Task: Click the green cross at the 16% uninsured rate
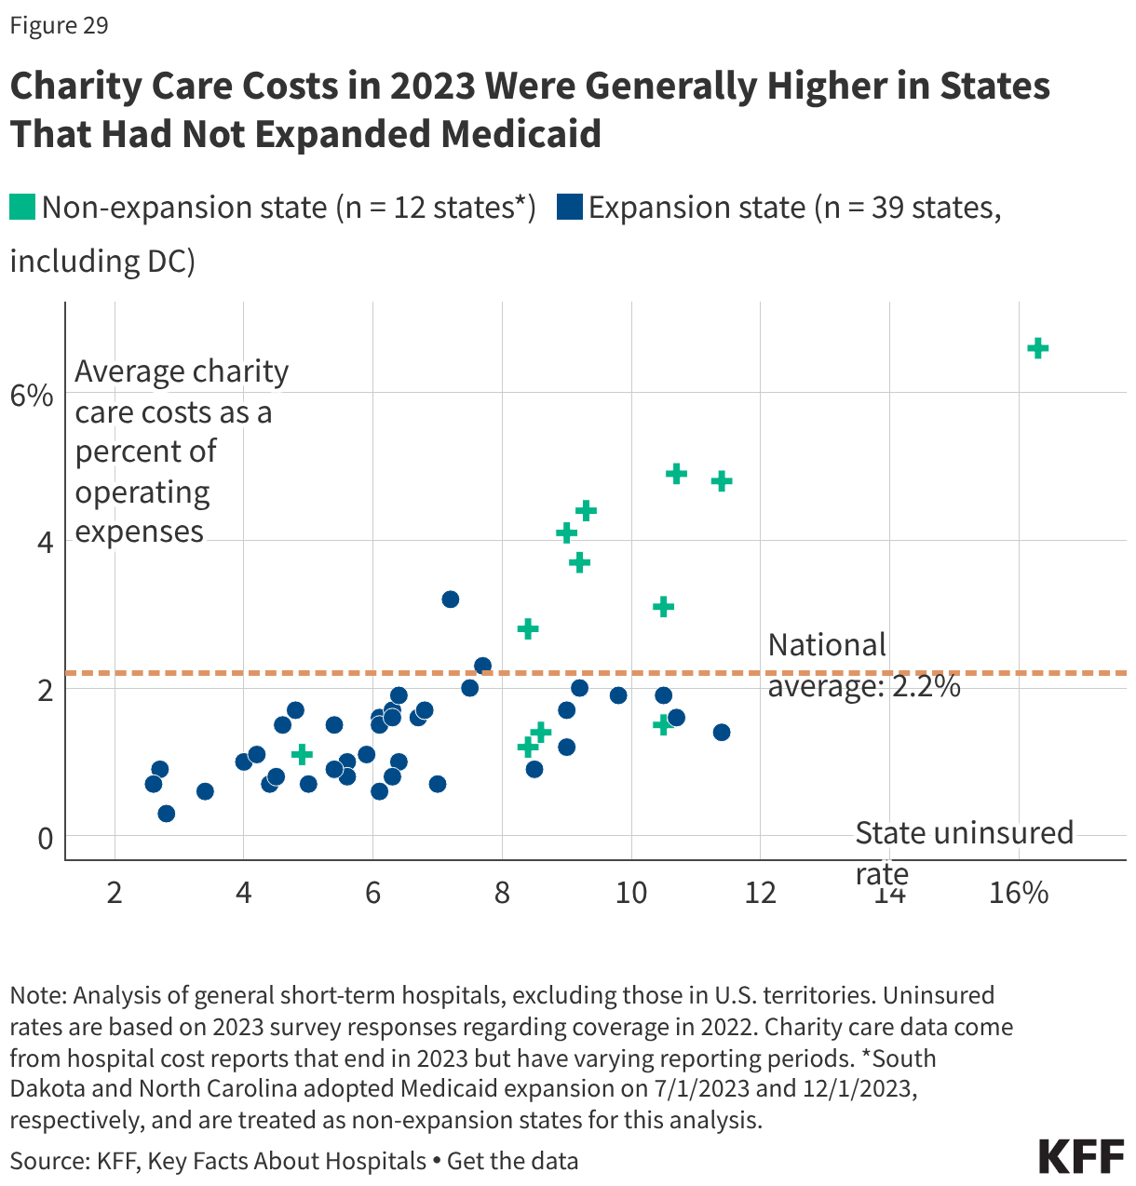pyautogui.click(x=1037, y=348)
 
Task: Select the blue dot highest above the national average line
pyautogui.click(x=450, y=600)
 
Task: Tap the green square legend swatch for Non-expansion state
pyautogui.click(x=22, y=207)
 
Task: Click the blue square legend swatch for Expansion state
pyautogui.click(x=569, y=207)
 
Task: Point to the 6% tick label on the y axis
pyautogui.click(x=32, y=395)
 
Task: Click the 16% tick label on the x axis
pyautogui.click(x=1019, y=894)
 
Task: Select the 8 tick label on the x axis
pyautogui.click(x=502, y=894)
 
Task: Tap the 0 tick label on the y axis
pyautogui.click(x=45, y=838)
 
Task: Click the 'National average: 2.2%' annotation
pyautogui.click(x=863, y=666)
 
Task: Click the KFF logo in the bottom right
pyautogui.click(x=1081, y=1156)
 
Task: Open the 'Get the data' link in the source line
pyautogui.click(x=512, y=1162)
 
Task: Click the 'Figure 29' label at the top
pyautogui.click(x=59, y=25)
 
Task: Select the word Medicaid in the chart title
pyautogui.click(x=521, y=134)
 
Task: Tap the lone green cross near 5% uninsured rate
pyautogui.click(x=302, y=754)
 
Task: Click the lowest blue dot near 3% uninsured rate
pyautogui.click(x=167, y=814)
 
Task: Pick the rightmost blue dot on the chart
pyautogui.click(x=722, y=733)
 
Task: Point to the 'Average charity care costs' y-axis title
pyautogui.click(x=182, y=451)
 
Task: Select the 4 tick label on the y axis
pyautogui.click(x=45, y=542)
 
